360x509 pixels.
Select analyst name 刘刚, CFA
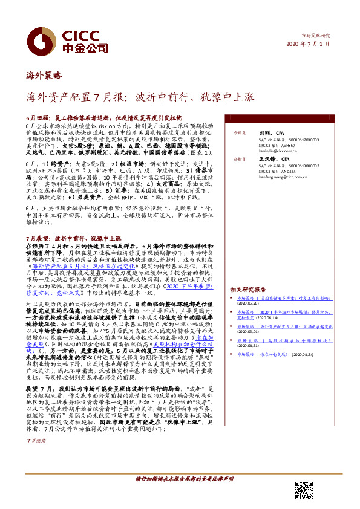coord(263,131)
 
